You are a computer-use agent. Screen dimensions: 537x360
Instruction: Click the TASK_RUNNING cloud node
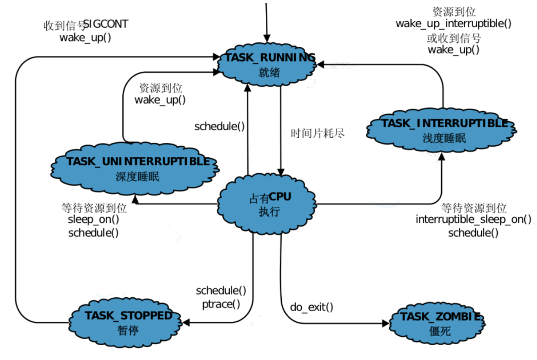click(267, 65)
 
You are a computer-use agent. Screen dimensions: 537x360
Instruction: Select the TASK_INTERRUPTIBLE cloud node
click(441, 130)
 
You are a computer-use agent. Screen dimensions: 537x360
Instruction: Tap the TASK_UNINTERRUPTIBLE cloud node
click(135, 169)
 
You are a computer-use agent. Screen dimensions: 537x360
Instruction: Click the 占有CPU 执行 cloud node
click(267, 204)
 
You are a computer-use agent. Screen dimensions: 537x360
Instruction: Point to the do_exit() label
click(312, 307)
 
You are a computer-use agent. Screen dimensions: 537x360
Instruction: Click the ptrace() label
click(221, 304)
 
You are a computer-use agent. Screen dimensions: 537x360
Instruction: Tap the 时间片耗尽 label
click(317, 133)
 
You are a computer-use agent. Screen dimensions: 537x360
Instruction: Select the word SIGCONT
click(105, 24)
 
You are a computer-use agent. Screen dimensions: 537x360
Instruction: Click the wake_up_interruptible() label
click(454, 23)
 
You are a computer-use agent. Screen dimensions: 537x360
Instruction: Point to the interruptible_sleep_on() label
click(474, 219)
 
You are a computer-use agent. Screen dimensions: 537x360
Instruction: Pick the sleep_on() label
click(93, 219)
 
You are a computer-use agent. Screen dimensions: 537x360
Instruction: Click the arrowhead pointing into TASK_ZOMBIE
click(386, 323)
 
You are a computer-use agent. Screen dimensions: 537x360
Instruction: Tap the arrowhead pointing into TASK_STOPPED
click(186, 322)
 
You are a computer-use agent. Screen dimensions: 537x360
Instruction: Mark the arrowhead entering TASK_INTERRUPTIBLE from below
click(442, 156)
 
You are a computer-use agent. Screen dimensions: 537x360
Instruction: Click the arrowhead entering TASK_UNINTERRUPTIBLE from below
click(135, 199)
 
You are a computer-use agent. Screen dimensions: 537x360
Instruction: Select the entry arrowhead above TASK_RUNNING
click(267, 38)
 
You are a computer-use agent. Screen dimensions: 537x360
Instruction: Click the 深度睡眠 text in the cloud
click(137, 177)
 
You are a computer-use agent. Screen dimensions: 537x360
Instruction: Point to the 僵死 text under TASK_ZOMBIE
click(440, 331)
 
